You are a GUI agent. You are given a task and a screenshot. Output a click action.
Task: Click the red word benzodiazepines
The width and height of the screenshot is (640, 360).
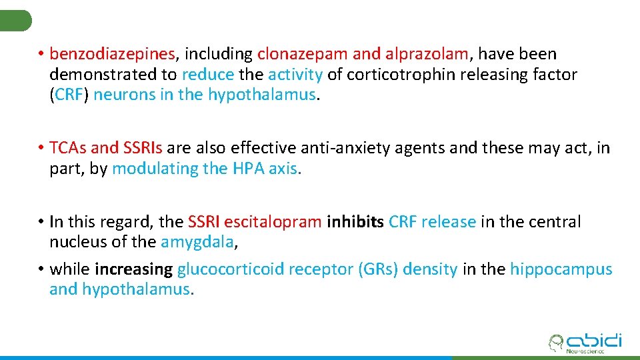tap(113, 54)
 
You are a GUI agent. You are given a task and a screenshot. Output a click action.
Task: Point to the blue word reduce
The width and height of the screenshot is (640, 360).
tap(208, 74)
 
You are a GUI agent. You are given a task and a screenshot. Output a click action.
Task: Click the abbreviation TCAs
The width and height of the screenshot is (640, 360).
tap(68, 148)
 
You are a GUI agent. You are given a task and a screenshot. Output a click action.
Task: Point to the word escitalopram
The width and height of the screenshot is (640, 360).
tap(273, 222)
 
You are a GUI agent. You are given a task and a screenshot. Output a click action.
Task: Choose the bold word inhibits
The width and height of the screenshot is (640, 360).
tap(355, 222)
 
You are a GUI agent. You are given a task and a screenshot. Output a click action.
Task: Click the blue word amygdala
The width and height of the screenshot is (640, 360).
tap(197, 243)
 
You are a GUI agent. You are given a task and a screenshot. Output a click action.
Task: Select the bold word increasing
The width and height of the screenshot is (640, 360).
tap(134, 269)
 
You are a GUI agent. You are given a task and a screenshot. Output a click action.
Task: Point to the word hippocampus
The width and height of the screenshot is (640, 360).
tap(561, 269)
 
